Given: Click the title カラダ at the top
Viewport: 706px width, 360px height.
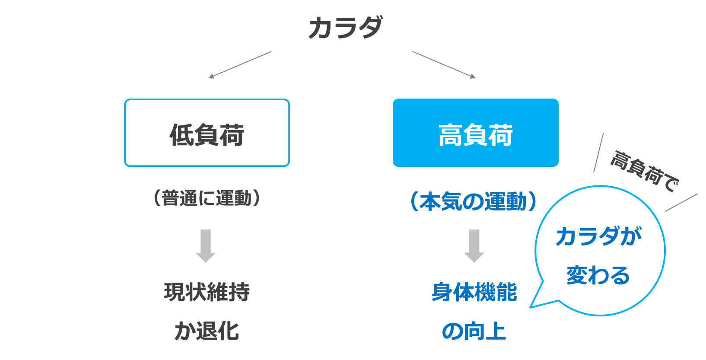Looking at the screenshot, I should (x=346, y=28).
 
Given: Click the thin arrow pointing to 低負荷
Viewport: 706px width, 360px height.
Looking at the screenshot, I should (x=240, y=65).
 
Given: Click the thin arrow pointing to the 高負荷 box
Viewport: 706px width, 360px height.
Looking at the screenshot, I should (x=444, y=64).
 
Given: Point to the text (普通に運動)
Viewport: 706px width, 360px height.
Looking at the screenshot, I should (x=207, y=198).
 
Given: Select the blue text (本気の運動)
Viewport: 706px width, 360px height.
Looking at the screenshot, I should (x=474, y=201).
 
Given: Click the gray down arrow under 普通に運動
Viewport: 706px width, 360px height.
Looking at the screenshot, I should (x=206, y=246).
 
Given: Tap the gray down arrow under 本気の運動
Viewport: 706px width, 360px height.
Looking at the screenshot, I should (x=474, y=246).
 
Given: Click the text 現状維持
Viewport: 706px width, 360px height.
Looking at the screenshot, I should (x=207, y=292).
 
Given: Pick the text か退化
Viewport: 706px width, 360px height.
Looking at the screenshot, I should (x=207, y=331).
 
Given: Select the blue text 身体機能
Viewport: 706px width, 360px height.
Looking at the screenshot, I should (x=474, y=292).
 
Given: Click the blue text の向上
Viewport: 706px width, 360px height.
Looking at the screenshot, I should (x=474, y=331).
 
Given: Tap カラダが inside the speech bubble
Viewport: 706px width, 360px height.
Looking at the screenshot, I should (x=598, y=236).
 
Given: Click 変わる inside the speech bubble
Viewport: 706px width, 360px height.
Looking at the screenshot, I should (x=598, y=275).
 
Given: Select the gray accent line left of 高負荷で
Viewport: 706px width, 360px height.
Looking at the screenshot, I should (x=598, y=153).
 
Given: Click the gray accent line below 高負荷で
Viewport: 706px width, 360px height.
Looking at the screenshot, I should (x=681, y=202).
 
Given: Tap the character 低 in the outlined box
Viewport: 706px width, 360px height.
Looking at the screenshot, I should (x=181, y=135).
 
